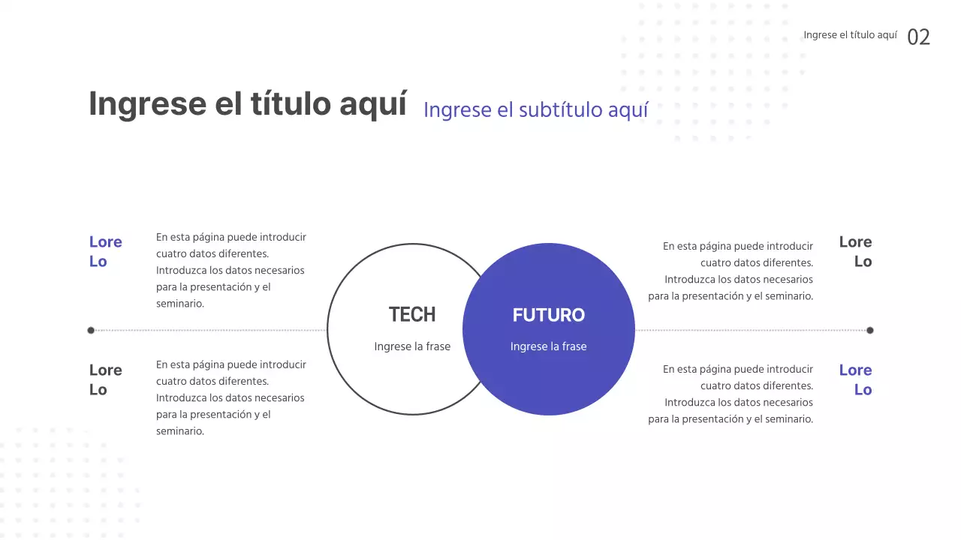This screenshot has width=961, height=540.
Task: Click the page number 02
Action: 918,37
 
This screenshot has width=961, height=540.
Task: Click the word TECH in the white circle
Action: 412,314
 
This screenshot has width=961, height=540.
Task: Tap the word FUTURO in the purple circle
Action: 548,315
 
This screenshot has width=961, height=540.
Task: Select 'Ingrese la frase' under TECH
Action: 412,346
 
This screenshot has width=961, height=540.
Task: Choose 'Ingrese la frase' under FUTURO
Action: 548,346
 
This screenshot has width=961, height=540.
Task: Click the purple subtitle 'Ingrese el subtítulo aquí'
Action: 535,109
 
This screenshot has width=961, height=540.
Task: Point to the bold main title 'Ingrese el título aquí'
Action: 248,103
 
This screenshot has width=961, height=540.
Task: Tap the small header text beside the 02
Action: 850,35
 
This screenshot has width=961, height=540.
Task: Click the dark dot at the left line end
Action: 91,330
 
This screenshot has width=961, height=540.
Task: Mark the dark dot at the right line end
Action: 870,330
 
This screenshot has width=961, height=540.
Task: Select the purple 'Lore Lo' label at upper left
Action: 105,251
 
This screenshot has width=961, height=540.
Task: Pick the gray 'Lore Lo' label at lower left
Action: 105,379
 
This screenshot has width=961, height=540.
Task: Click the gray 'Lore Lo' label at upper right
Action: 855,251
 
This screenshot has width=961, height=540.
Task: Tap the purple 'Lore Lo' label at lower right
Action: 855,379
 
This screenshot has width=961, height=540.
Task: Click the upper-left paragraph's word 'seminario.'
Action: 180,304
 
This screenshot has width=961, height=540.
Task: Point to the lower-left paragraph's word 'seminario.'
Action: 180,431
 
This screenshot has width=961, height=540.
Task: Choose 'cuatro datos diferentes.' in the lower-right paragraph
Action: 757,385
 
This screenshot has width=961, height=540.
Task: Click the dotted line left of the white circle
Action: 210,330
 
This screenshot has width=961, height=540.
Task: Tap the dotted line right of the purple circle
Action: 751,330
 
